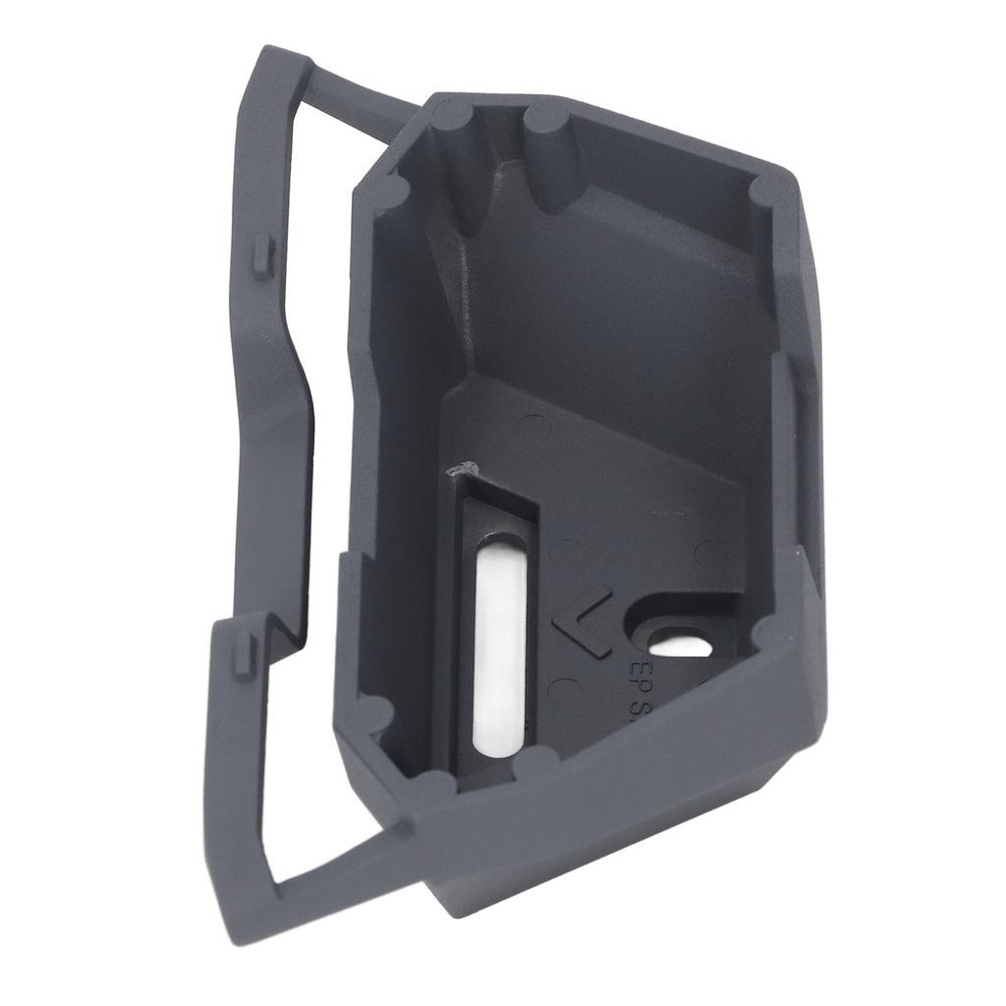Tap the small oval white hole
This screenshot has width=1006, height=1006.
pos(681,645)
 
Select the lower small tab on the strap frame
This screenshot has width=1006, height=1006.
pos(243,656)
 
